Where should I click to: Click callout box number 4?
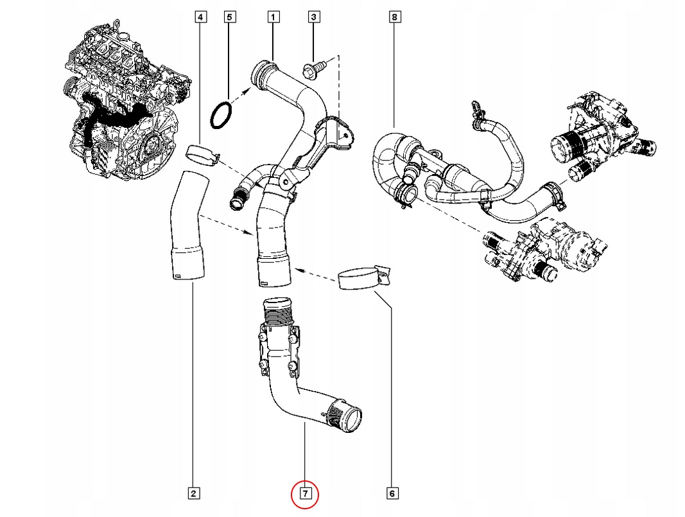click(x=201, y=17)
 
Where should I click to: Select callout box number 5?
click(x=230, y=17)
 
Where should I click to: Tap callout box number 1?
click(x=273, y=17)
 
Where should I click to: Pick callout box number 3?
click(x=313, y=17)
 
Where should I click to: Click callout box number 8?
click(x=394, y=17)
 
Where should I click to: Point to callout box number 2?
click(x=193, y=493)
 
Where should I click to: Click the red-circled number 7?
click(x=305, y=494)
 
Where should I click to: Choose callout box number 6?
click(x=392, y=493)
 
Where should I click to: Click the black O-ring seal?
click(x=221, y=114)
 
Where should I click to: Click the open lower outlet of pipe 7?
click(x=350, y=419)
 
